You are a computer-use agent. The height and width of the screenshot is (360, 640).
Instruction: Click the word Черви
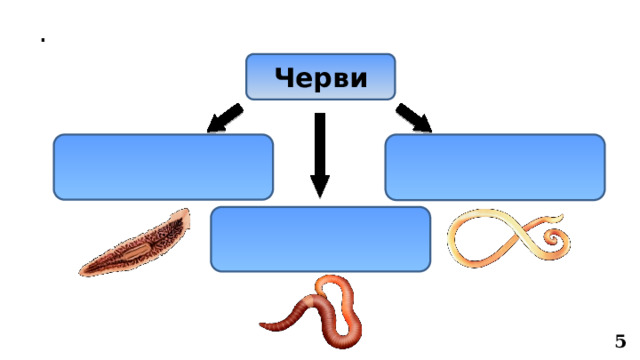tap(320, 77)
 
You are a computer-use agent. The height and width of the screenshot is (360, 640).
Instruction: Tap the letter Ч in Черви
tap(283, 77)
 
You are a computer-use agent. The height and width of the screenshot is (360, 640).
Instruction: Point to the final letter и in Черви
tap(358, 78)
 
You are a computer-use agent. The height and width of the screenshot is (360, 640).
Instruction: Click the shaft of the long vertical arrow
tap(320, 145)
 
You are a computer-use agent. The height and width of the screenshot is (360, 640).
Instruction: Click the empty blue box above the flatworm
tap(164, 167)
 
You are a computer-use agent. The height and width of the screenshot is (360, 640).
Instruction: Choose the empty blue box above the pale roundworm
tap(494, 167)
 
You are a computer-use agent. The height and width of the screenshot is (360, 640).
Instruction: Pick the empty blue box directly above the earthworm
tap(320, 239)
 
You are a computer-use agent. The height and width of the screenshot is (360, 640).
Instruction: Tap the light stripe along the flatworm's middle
tap(140, 243)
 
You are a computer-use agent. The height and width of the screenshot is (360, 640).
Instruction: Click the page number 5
tap(620, 341)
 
